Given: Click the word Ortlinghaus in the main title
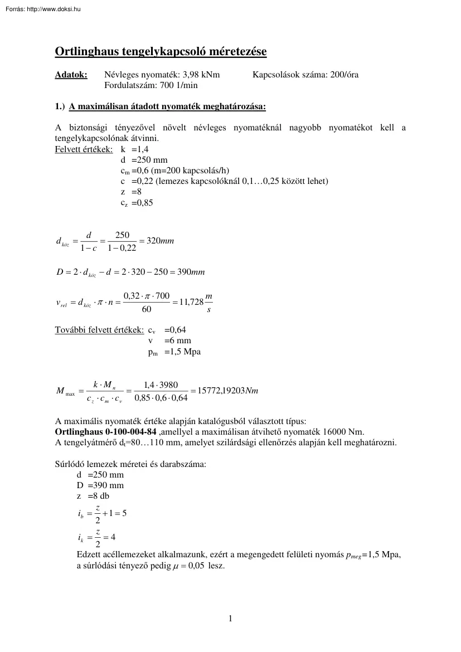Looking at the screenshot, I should coord(86,52).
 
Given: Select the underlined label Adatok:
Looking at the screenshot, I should coord(71,75).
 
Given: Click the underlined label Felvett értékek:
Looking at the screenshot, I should coord(84,149).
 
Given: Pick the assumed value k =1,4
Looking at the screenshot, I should coord(134,149).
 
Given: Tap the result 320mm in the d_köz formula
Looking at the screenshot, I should coord(164,241).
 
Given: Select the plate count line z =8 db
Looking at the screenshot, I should coord(93,496).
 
